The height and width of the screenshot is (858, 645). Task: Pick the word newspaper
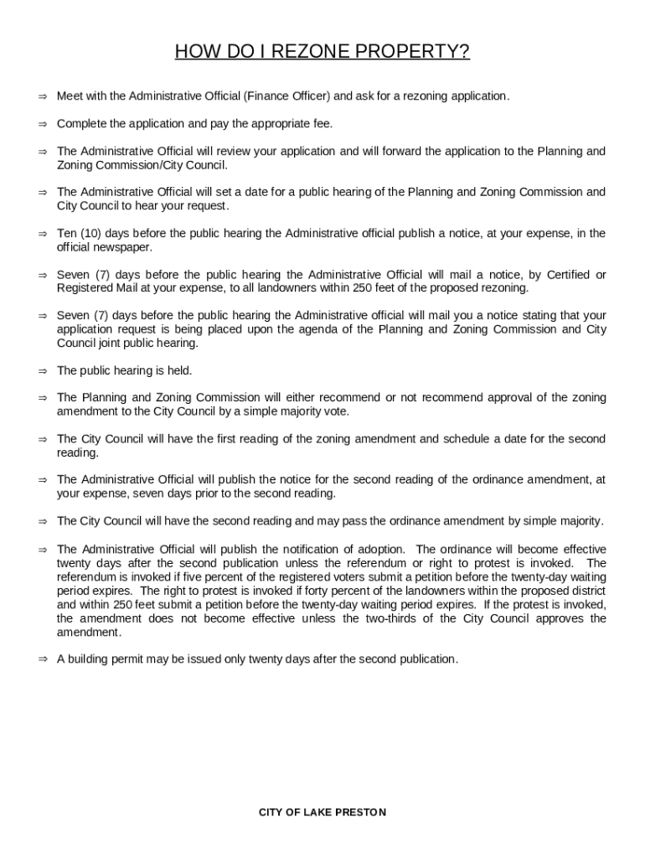[x=125, y=247]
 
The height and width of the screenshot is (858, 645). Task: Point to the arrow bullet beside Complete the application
[x=42, y=124]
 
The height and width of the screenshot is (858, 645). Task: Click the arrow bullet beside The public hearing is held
[x=42, y=370]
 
